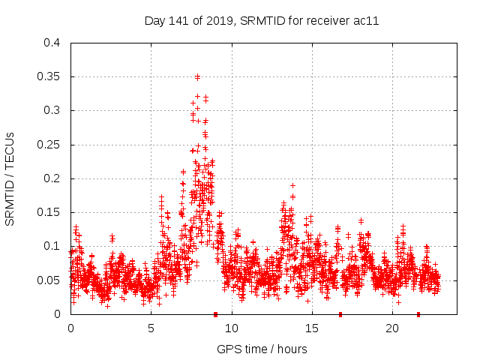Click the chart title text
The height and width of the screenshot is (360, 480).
pyautogui.click(x=261, y=21)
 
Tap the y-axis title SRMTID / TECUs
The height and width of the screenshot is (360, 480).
pyautogui.click(x=10, y=178)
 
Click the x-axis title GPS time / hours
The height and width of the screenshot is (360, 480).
pyautogui.click(x=262, y=349)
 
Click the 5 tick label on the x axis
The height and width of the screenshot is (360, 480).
pyautogui.click(x=151, y=328)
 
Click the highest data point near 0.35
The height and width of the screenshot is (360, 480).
pyautogui.click(x=197, y=76)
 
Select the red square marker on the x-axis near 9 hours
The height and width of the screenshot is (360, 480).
pyautogui.click(x=215, y=314)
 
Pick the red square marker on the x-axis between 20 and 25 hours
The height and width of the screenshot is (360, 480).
pyautogui.click(x=418, y=314)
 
